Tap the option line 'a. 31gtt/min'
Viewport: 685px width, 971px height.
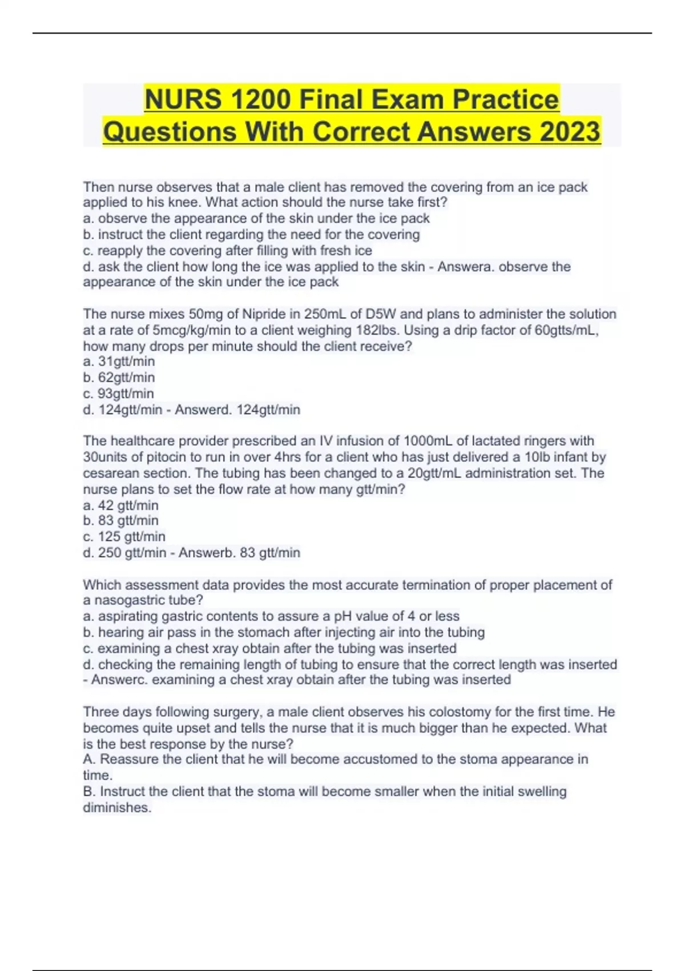(119, 362)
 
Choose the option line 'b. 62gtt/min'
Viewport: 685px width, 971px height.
(119, 378)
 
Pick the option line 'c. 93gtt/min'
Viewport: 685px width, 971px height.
(118, 394)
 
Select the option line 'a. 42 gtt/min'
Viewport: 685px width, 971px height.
(120, 505)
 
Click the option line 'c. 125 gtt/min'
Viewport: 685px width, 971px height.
(124, 537)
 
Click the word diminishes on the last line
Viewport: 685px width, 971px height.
(116, 808)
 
